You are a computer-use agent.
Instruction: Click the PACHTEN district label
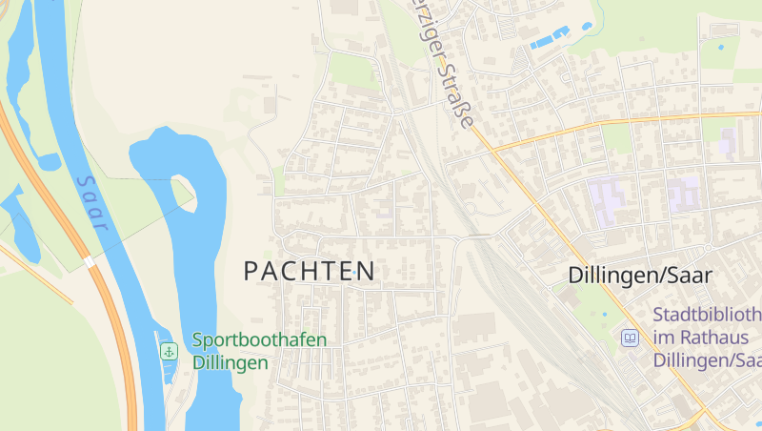pyautogui.click(x=309, y=272)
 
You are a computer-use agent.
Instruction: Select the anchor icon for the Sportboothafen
pyautogui.click(x=169, y=351)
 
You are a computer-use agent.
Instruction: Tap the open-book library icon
pyautogui.click(x=630, y=338)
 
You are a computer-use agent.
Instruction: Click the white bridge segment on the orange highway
pyautogui.click(x=89, y=260)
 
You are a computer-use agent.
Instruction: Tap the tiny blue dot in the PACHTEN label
pyautogui.click(x=354, y=274)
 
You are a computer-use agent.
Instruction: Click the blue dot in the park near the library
pyautogui.click(x=605, y=315)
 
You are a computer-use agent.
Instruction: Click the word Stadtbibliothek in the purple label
pyautogui.click(x=707, y=315)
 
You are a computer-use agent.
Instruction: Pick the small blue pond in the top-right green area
pyautogui.click(x=720, y=46)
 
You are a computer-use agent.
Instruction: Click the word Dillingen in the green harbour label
pyautogui.click(x=230, y=363)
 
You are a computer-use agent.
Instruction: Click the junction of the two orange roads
pyautogui.click(x=492, y=150)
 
